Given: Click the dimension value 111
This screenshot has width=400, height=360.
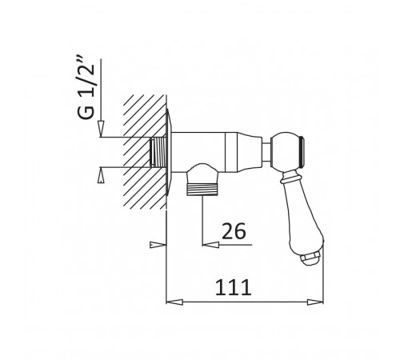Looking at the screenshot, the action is (233, 287).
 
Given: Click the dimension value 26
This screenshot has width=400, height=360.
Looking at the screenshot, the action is (234, 231).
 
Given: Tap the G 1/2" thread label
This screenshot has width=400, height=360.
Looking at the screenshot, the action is (86, 87).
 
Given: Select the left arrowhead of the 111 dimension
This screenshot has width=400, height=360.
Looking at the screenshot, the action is (174, 302).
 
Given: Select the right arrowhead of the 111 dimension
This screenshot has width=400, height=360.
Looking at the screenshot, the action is (315, 302).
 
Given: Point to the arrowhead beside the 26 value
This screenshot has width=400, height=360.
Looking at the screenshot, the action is (210, 244).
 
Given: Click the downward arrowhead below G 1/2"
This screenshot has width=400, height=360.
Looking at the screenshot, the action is (101, 129).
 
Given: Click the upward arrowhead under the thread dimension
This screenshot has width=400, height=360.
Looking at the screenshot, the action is (101, 175).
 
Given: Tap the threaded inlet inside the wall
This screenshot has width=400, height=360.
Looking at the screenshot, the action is (158, 152).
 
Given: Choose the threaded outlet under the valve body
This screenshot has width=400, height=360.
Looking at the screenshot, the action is (202, 189).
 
